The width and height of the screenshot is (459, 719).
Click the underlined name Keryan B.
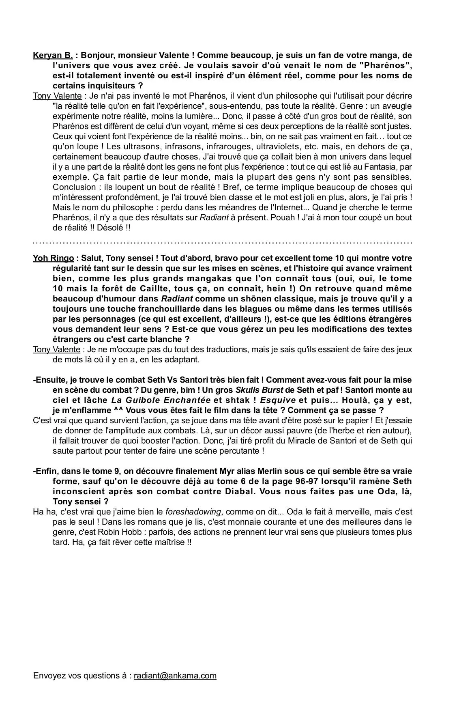[53, 56]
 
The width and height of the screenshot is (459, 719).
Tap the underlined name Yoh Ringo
[53, 258]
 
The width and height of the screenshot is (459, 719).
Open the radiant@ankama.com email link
[175, 676]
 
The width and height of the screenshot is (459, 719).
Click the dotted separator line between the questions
[222, 243]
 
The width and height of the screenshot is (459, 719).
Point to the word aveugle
[397, 106]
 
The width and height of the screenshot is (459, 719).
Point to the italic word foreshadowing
[193, 512]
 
